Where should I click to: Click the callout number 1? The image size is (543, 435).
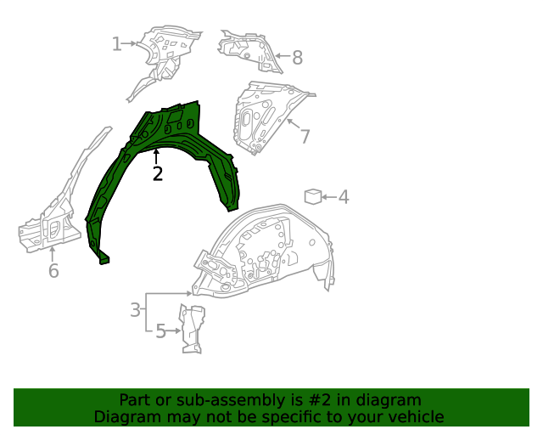point(117,43)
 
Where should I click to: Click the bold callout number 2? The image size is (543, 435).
point(157,174)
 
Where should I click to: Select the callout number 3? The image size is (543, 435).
point(135,310)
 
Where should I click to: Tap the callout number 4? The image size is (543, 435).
point(343,198)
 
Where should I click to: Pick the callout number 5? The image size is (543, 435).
point(160,331)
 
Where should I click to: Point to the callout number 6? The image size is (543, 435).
point(53,271)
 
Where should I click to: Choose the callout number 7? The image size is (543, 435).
point(305,137)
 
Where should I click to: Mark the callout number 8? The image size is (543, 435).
point(297,58)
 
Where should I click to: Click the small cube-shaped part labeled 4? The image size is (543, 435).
point(312,197)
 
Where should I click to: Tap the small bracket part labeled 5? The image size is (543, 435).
point(192,328)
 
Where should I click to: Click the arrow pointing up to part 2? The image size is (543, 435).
point(156,156)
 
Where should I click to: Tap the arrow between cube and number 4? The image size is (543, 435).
point(328,197)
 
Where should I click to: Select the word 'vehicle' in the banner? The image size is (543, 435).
point(415,417)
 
